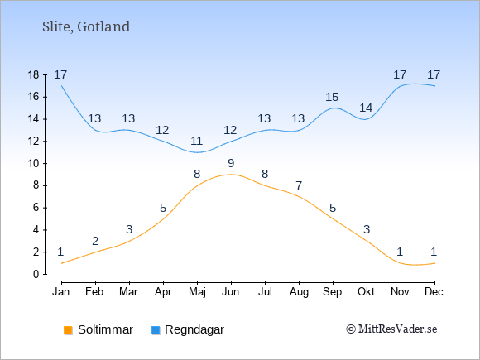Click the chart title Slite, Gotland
click(86, 27)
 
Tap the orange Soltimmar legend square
click(68, 330)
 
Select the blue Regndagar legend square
click(156, 330)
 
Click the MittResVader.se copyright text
click(391, 329)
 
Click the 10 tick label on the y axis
click(34, 164)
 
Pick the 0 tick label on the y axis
click(36, 274)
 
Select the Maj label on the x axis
click(197, 292)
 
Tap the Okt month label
click(367, 292)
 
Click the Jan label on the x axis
click(61, 292)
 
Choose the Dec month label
click(434, 292)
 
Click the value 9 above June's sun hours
click(231, 163)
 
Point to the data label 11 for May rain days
click(196, 141)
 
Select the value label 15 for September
click(332, 97)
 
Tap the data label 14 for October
click(366, 108)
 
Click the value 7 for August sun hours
click(299, 185)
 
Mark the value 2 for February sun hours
click(95, 241)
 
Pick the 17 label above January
click(60, 74)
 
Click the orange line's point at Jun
click(231, 175)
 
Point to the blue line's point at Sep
click(333, 108)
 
